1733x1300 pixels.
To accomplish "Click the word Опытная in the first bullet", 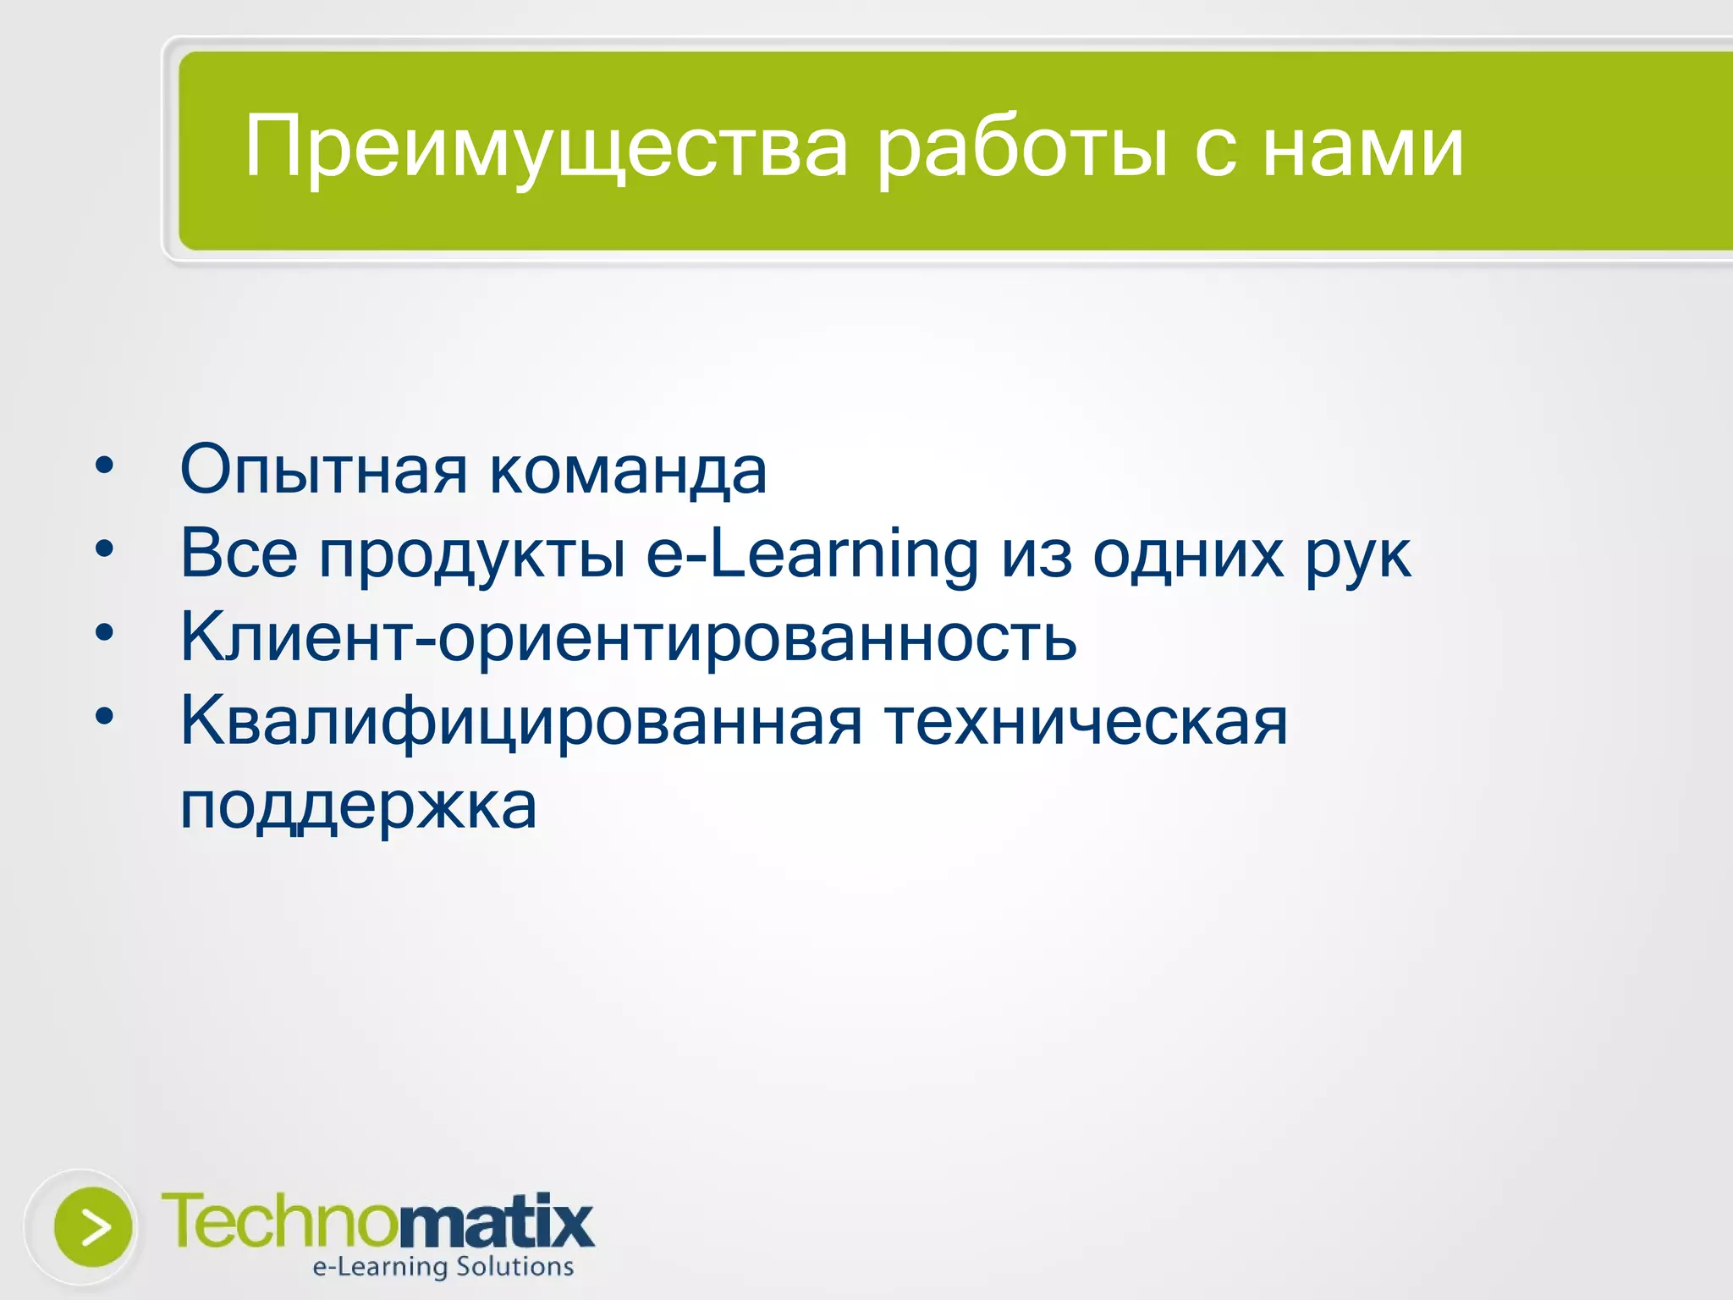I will pyautogui.click(x=323, y=470).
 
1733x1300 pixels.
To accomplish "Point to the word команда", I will pyautogui.click(x=629, y=471).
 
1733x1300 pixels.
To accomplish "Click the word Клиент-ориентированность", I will pyautogui.click(x=629, y=637).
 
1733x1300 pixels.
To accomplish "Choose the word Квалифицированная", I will pyautogui.click(x=521, y=722).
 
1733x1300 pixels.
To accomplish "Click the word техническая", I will pyautogui.click(x=1086, y=722).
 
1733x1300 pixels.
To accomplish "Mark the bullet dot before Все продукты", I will pyautogui.click(x=104, y=549).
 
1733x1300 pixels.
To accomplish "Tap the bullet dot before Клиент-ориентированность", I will pyautogui.click(x=104, y=632).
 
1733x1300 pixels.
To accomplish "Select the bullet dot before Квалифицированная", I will pyautogui.click(x=104, y=717).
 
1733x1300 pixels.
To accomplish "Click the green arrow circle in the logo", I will pyautogui.click(x=93, y=1226).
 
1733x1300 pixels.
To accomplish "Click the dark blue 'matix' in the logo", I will pyautogui.click(x=496, y=1222).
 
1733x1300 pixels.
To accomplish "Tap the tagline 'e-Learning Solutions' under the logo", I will pyautogui.click(x=443, y=1267).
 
